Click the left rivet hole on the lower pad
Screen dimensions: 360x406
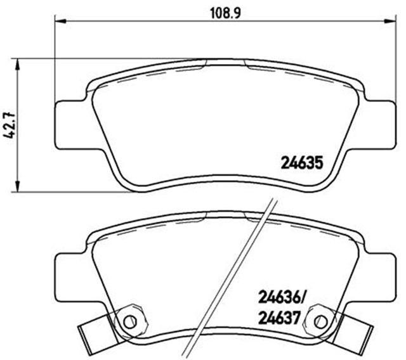click(129, 320)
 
